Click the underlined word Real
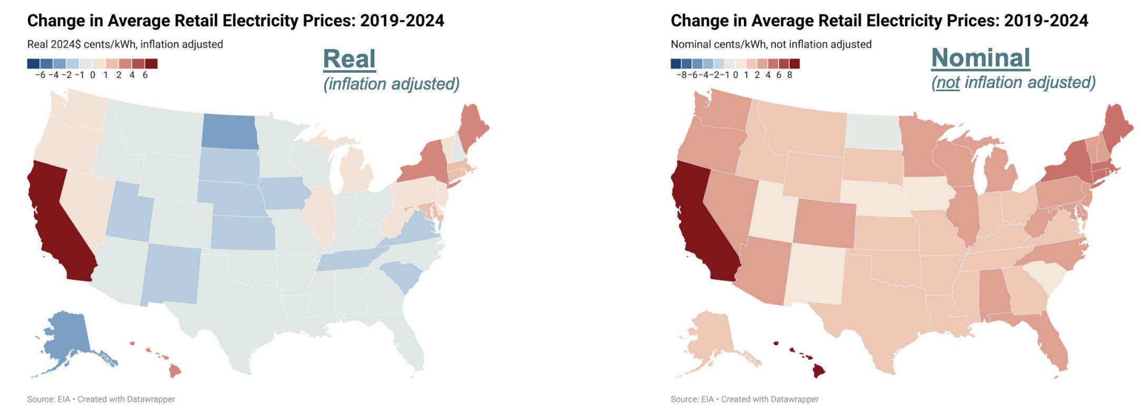pyautogui.click(x=349, y=59)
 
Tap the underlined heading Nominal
pyautogui.click(x=980, y=58)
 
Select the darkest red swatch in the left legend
pyautogui.click(x=151, y=64)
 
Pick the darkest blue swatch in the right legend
pyautogui.click(x=676, y=64)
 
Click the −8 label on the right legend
pyautogui.click(x=682, y=75)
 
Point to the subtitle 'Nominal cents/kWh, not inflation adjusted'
pyautogui.click(x=771, y=44)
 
